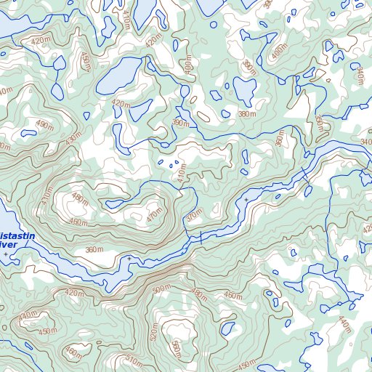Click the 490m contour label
click(44, 125)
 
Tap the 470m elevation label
click(154, 215)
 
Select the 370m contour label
click(193, 217)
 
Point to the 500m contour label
click(161, 288)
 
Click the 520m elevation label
click(153, 332)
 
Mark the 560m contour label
click(174, 349)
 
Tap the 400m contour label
click(279, 52)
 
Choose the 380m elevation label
click(247, 115)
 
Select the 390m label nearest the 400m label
click(249, 67)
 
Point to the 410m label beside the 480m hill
click(47, 194)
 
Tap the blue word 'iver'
click(9, 246)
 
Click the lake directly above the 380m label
click(244, 90)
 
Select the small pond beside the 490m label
click(28, 133)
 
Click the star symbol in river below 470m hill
click(129, 258)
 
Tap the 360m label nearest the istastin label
click(94, 250)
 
